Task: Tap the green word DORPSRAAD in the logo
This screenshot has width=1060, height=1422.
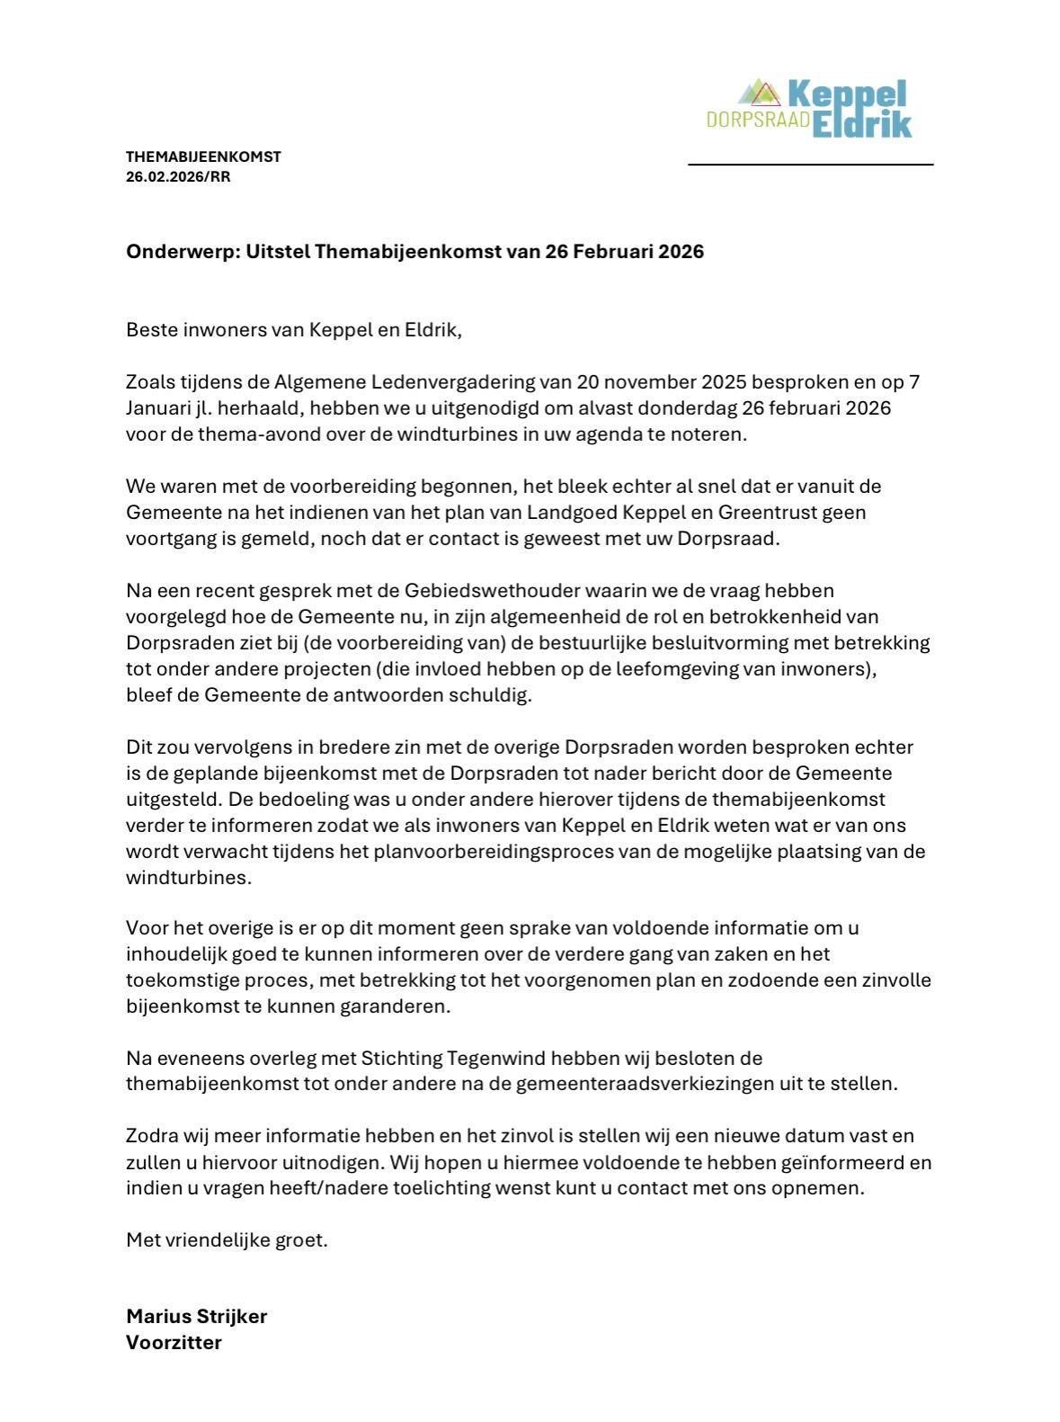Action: coord(758,120)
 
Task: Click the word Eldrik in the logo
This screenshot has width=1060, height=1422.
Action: coord(862,123)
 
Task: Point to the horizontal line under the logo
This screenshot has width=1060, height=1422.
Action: coord(810,165)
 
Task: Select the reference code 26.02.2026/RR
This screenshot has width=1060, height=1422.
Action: coord(178,176)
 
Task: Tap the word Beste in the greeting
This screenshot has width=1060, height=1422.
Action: coord(152,329)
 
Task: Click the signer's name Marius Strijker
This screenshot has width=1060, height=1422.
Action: coord(196,1316)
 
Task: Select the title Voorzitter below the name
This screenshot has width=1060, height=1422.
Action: coord(174,1342)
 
